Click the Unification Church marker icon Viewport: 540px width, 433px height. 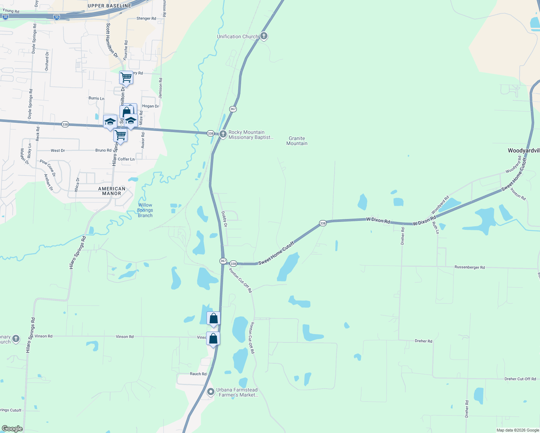264,36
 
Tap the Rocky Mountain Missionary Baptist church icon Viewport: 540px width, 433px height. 223,134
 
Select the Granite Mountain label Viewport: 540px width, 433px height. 297,141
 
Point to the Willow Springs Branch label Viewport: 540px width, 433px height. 145,210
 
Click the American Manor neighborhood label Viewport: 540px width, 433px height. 112,191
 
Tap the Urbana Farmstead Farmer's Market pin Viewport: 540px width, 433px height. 211,392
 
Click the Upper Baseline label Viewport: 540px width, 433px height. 109,6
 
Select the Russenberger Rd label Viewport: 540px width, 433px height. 469,267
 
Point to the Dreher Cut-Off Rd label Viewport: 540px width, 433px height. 520,379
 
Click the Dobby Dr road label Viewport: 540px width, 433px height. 225,219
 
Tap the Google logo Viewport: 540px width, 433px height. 12,429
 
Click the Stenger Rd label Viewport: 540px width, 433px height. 146,18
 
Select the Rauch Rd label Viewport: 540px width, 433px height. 198,374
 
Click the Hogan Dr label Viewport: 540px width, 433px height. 151,106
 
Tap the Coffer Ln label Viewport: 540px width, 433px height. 126,159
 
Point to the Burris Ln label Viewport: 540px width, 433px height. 96,98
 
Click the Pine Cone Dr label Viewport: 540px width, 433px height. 48,168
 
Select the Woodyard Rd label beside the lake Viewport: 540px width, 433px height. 440,205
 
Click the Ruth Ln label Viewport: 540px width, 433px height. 436,227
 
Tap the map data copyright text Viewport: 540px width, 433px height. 517,430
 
